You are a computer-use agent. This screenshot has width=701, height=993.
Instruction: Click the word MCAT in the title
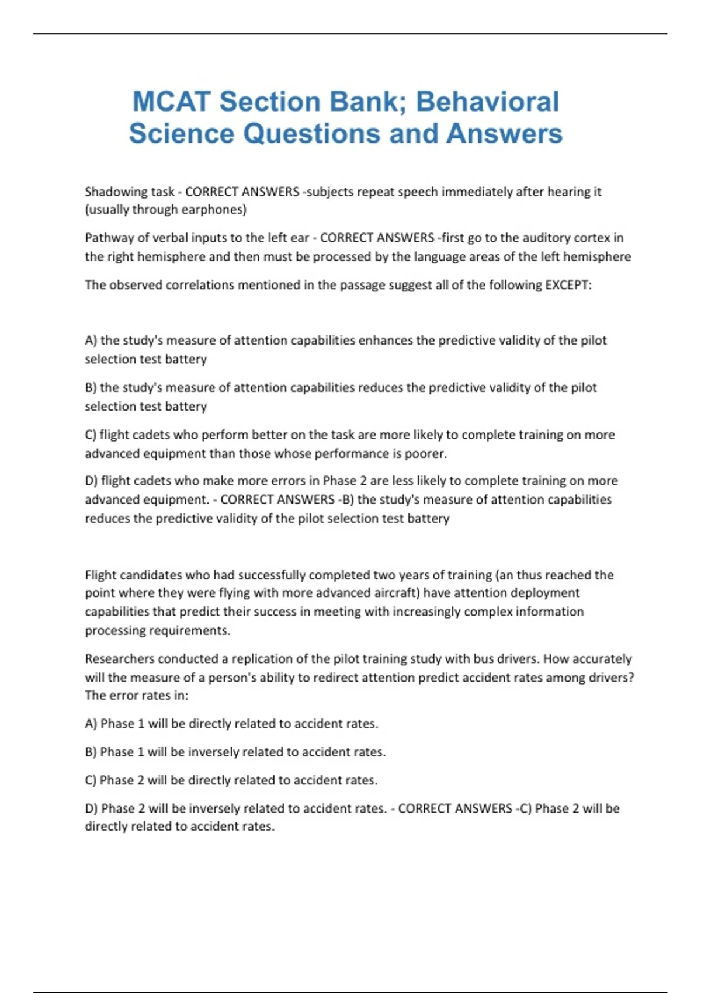[171, 102]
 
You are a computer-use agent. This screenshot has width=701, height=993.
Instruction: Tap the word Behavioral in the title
[487, 102]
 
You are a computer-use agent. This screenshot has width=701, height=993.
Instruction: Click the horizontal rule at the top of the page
[350, 34]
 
